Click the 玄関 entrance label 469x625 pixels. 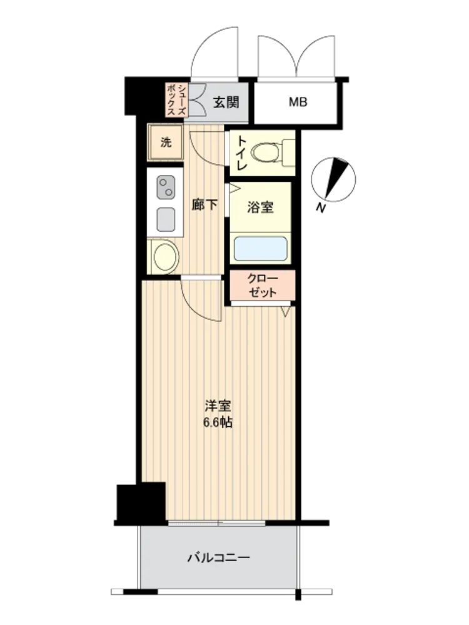tap(226, 102)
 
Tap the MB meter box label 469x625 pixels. tap(298, 102)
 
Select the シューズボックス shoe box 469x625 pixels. tap(176, 99)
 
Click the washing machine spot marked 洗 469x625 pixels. tap(166, 142)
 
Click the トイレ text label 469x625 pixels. tap(241, 154)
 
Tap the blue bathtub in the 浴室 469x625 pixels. tap(260, 249)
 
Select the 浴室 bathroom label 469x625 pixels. tap(260, 207)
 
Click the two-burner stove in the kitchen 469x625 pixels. tap(166, 187)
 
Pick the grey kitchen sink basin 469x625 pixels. tap(166, 219)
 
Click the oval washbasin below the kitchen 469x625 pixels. tap(164, 256)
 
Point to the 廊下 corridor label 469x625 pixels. tap(204, 205)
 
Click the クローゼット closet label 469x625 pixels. tap(262, 286)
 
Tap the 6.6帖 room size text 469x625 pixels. tap(218, 422)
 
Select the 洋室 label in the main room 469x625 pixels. tap(218, 407)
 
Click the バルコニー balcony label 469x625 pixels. tap(218, 557)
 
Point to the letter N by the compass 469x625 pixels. tap(320, 207)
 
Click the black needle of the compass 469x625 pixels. tap(336, 177)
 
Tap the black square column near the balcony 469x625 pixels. tap(141, 502)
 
